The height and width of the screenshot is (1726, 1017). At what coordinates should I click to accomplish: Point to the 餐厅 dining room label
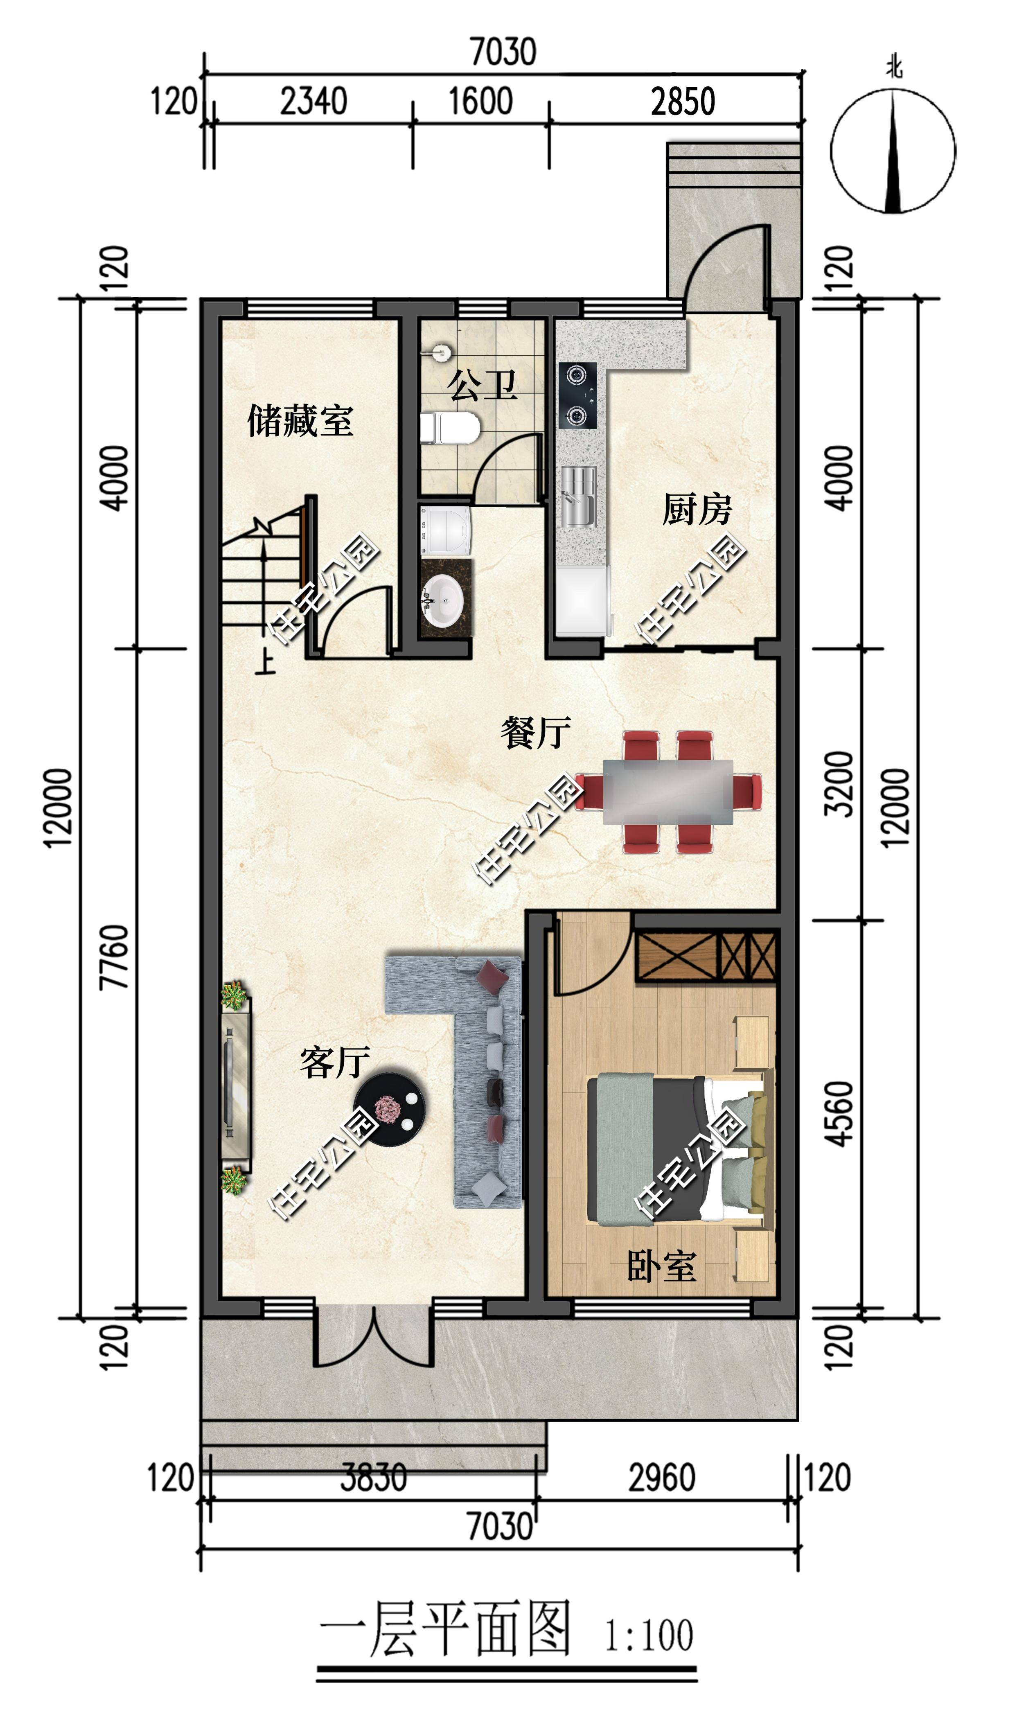coord(535,733)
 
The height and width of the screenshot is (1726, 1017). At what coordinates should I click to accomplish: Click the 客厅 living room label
coord(335,1063)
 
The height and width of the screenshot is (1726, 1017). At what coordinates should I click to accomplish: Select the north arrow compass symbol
coord(893,151)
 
